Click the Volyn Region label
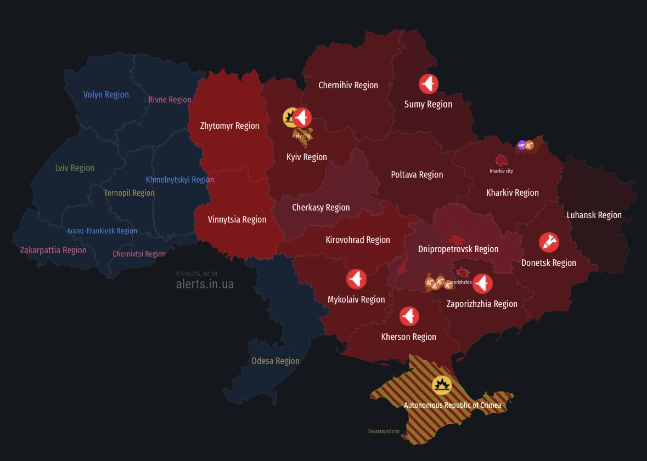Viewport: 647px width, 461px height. [x=106, y=95]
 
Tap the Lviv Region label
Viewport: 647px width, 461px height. [x=75, y=168]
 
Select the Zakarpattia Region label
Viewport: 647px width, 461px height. [x=53, y=251]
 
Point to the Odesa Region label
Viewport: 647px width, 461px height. [x=275, y=361]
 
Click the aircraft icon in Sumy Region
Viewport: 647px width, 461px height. [x=429, y=84]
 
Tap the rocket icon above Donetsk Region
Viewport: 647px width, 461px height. [x=548, y=242]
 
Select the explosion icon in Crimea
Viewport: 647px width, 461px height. [x=441, y=385]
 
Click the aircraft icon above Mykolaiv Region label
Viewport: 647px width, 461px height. [x=356, y=280]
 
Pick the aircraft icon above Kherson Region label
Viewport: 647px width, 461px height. [x=409, y=316]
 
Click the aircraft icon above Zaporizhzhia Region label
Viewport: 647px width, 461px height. [x=482, y=283]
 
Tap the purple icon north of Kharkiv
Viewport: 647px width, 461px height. [x=521, y=145]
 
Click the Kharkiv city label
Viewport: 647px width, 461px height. [x=501, y=171]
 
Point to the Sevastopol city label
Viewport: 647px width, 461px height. [x=384, y=431]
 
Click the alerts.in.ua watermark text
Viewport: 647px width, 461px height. [x=205, y=284]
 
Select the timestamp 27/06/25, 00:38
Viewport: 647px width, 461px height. [x=196, y=274]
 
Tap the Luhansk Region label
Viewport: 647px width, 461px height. [x=594, y=215]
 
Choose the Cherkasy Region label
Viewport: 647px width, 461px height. [x=320, y=208]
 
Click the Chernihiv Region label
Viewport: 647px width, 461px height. [x=348, y=86]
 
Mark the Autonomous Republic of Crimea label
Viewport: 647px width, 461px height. [x=452, y=406]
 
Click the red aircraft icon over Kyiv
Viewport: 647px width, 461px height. [x=302, y=117]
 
